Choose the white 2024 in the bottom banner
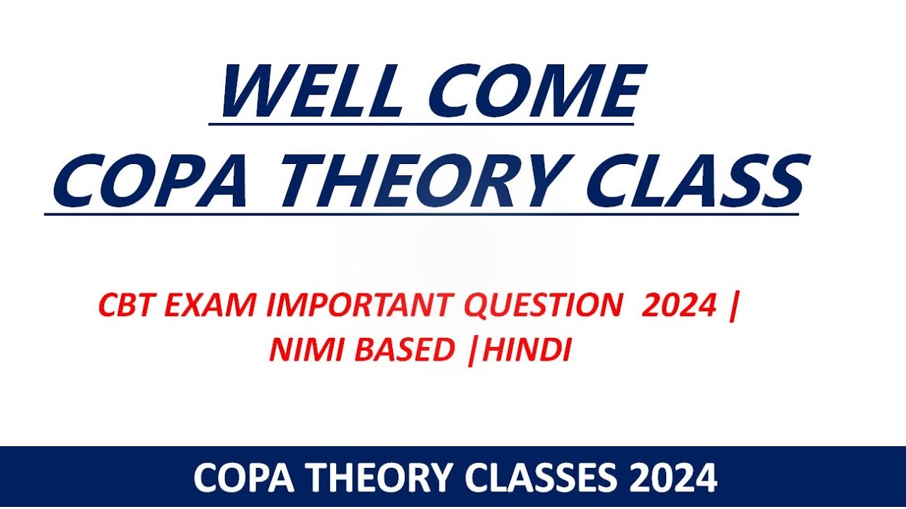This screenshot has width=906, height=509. [x=672, y=479]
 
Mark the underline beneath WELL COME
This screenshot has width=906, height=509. [x=421, y=124]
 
